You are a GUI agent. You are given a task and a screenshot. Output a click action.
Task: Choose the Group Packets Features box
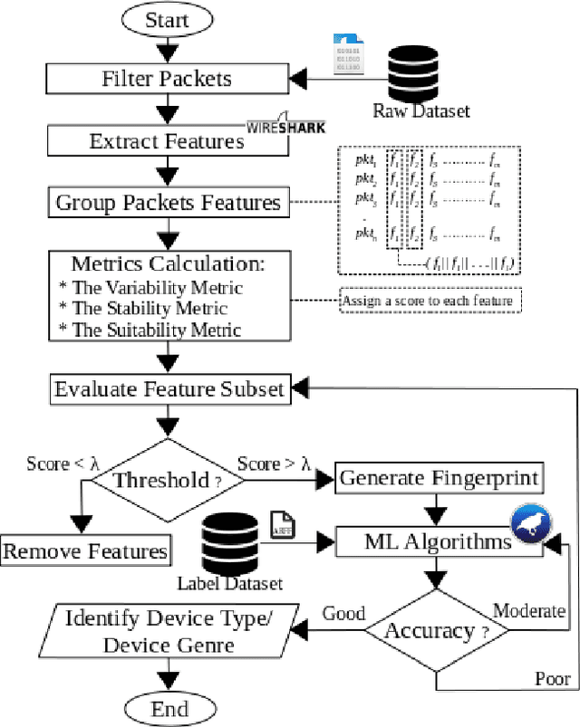tap(168, 201)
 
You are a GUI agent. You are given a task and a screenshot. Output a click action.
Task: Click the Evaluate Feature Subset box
tap(168, 389)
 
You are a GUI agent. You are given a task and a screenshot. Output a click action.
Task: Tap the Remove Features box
tap(85, 550)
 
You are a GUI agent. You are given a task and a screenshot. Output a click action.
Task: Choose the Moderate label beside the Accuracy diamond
tap(529, 612)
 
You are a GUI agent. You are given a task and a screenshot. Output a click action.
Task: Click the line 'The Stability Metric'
tap(156, 308)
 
